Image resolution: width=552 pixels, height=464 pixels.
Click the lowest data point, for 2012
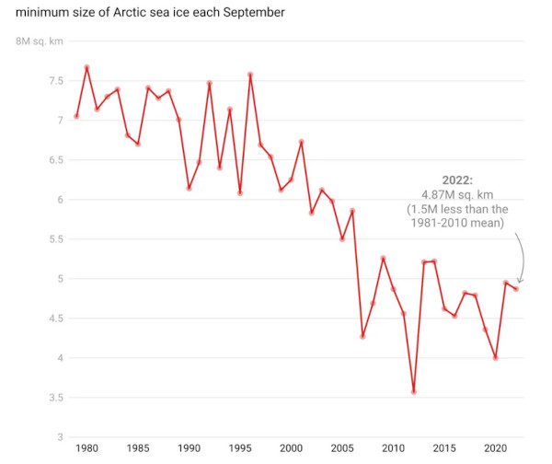tap(414, 391)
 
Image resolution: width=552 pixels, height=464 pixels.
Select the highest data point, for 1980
tap(86, 67)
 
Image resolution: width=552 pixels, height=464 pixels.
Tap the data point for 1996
tap(250, 75)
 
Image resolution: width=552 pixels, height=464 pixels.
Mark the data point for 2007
tap(362, 336)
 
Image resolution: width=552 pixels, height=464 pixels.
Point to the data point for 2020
tap(495, 357)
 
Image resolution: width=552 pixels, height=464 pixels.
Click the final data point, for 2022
tap(515, 289)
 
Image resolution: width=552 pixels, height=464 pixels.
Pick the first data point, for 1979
tap(76, 116)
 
